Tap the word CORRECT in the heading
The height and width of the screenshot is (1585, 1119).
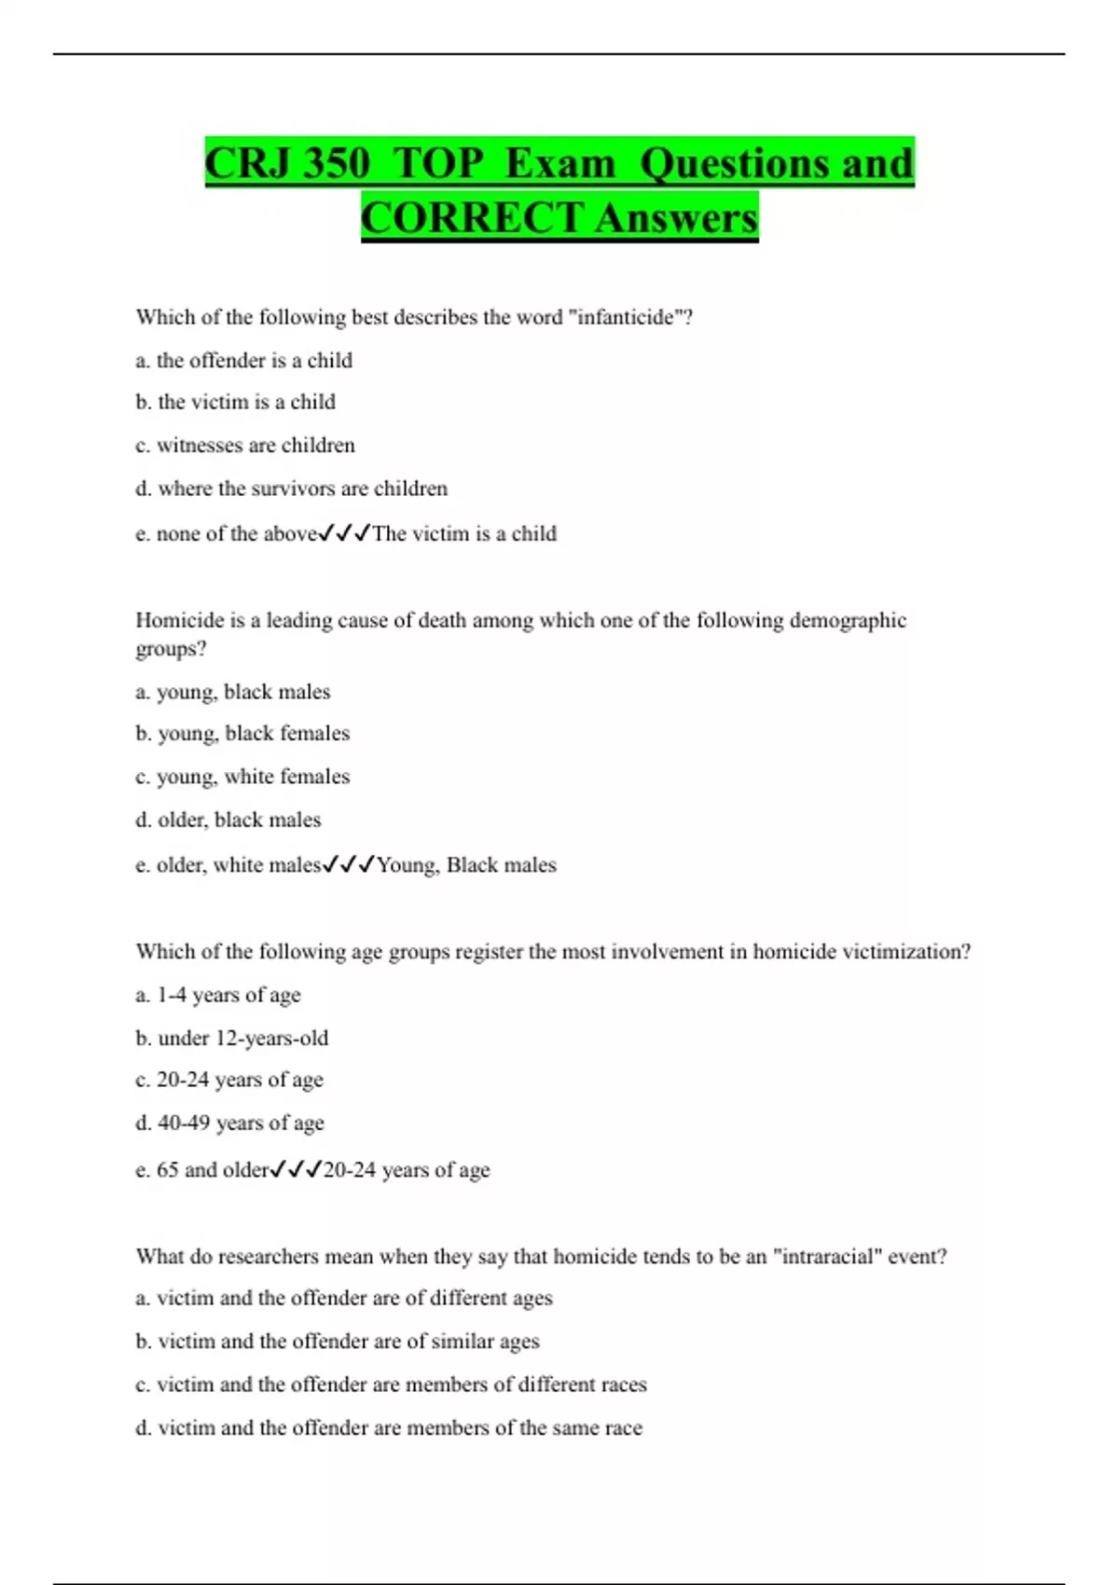pos(472,218)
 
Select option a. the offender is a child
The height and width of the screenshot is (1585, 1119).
pos(244,360)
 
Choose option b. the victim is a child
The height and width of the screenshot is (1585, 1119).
pos(235,402)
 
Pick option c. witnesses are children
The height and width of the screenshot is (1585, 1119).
pos(245,445)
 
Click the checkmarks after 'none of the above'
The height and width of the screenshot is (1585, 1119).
pos(344,533)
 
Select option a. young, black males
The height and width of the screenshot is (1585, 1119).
pos(233,692)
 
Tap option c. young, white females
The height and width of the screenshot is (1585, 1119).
pos(242,777)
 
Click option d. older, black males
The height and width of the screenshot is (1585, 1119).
pos(228,820)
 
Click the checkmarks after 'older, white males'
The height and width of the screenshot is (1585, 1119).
pos(348,865)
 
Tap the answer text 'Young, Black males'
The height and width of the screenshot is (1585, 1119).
pos(466,865)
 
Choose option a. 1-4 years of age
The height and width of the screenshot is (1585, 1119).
pos(218,995)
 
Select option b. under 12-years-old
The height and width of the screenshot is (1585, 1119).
pos(232,1038)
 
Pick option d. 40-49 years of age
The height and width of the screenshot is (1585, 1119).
pos(230,1123)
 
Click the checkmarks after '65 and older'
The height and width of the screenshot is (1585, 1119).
pos(296,1169)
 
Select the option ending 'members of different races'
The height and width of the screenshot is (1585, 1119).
pos(392,1385)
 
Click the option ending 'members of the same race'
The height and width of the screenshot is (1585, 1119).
pos(389,1427)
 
